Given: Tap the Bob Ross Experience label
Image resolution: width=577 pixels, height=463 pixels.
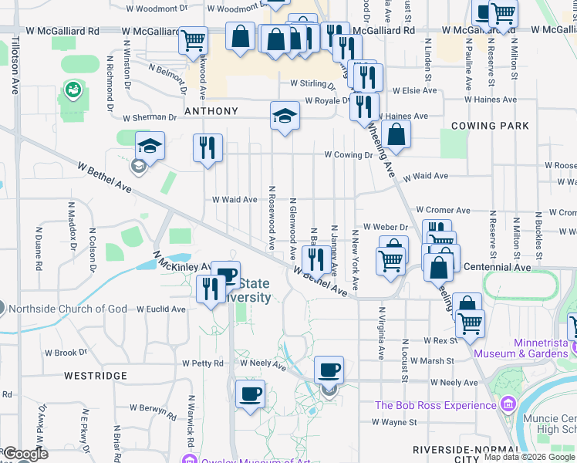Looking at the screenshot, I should (x=436, y=405).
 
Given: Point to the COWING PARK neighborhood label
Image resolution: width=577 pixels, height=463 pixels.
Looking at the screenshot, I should (x=490, y=126).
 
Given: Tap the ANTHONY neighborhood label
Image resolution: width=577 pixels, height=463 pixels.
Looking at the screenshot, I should (x=211, y=111).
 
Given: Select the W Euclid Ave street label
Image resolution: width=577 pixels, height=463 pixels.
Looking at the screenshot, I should (x=161, y=309).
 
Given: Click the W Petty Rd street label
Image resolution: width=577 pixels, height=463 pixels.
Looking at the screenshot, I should (x=203, y=363).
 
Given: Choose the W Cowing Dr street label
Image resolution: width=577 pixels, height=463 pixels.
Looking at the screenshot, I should (x=348, y=155).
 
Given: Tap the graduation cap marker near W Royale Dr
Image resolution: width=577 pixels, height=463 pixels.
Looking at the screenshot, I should (x=285, y=116).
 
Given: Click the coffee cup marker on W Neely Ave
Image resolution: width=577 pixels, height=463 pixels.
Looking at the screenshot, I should (x=329, y=370).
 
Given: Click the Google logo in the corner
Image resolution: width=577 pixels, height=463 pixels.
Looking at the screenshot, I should (x=25, y=454).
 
